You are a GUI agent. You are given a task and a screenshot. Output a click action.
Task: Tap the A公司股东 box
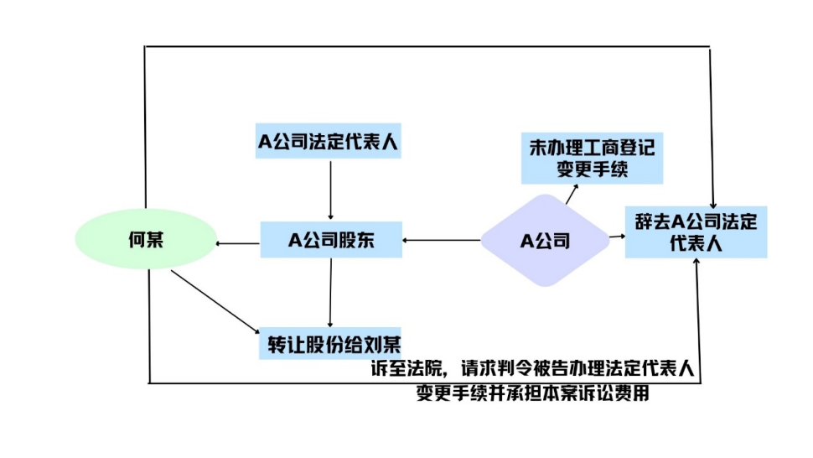331,241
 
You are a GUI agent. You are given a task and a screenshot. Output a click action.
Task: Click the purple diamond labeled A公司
546,241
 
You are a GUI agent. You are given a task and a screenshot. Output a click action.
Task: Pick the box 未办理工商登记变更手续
592,159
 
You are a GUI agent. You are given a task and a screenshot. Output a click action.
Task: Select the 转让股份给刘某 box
333,344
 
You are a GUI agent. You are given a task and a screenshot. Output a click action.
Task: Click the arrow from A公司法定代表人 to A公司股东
331,189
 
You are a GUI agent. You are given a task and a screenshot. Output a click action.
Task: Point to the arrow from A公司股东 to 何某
238,244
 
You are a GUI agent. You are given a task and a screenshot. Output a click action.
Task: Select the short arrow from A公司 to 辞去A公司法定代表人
618,237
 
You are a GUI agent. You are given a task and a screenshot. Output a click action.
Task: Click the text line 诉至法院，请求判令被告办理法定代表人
535,368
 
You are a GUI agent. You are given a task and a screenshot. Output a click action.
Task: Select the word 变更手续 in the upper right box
592,169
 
